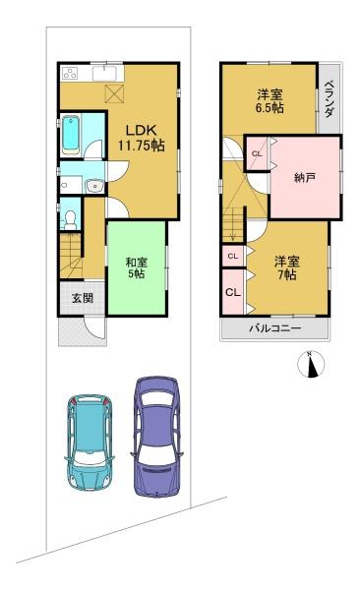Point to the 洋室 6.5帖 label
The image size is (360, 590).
click(x=270, y=101)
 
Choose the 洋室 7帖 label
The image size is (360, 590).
click(x=287, y=267)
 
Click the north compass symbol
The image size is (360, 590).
click(x=311, y=364)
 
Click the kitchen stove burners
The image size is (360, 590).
click(x=71, y=73)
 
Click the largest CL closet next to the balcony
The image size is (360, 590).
click(x=233, y=293)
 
